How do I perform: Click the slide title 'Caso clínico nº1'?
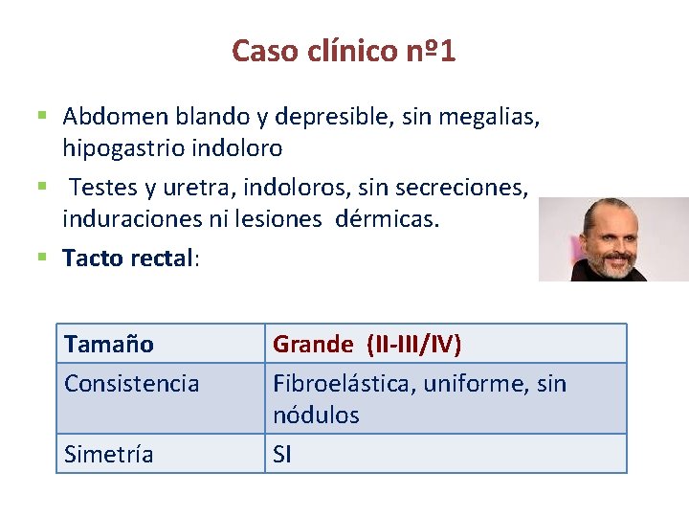coord(344,50)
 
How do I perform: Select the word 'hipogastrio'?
coord(120,148)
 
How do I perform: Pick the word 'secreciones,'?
coord(468,189)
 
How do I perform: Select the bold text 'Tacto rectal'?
coord(128,258)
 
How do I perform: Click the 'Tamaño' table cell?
coord(109,344)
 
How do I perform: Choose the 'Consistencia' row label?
coord(132,384)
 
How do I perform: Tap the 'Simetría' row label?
coord(108,455)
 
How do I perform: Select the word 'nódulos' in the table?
coord(316,416)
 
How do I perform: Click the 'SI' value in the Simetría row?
coord(282,455)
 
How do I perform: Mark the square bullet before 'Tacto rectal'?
coord(43,257)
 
